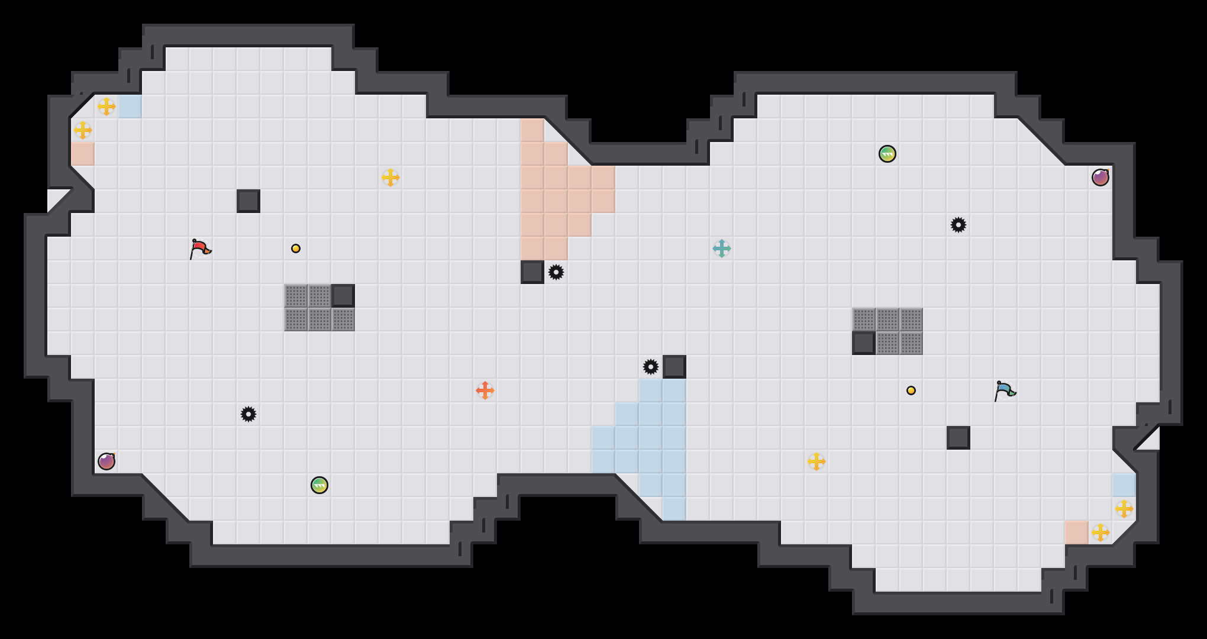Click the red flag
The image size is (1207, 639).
200,248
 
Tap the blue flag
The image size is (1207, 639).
1005,390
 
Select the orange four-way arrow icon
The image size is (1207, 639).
485,390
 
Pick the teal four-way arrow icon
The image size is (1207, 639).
722,248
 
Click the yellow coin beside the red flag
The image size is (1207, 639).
296,248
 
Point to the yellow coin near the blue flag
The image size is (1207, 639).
911,390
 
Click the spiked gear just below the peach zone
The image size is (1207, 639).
556,272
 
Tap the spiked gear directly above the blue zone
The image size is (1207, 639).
651,367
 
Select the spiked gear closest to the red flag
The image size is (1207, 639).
248,414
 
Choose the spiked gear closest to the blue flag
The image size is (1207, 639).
958,225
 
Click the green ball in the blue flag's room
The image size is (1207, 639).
887,154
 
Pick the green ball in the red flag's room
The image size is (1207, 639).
319,485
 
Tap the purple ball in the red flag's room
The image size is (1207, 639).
106,461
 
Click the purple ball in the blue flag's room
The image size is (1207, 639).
1100,177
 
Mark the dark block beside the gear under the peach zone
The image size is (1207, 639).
532,272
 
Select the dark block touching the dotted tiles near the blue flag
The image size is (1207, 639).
864,343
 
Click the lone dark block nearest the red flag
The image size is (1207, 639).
248,201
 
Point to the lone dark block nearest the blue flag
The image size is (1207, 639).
958,438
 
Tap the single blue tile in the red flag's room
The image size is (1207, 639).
130,106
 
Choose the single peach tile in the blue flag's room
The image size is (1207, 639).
1077,532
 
